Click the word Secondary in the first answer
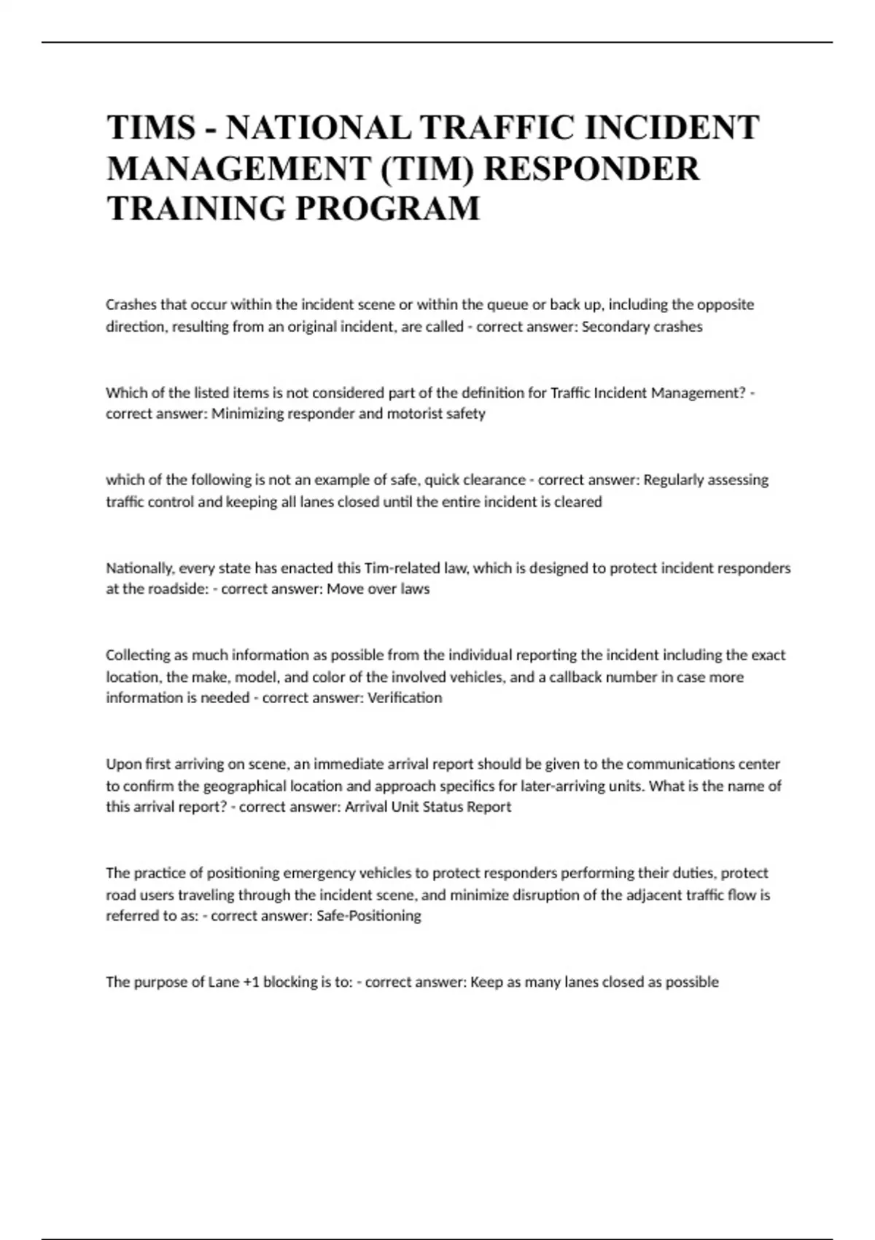611,327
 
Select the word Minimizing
247,414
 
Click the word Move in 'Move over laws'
344,589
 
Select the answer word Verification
405,698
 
